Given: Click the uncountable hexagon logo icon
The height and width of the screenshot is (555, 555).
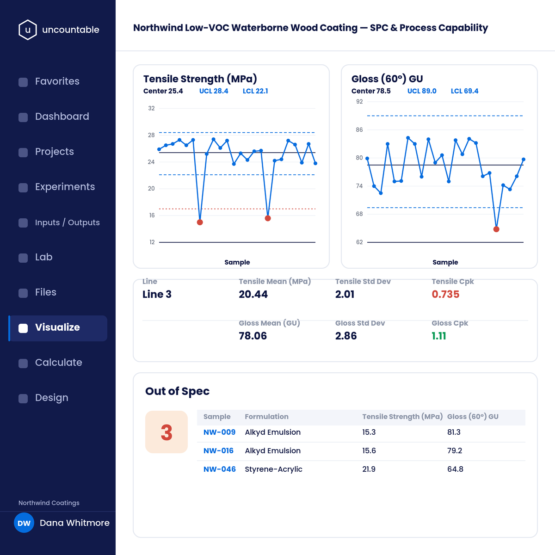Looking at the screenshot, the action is [27, 30].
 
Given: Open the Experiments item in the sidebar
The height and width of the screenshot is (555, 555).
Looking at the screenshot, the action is [65, 187].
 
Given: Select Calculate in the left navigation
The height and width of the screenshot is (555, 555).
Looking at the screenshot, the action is [58, 362].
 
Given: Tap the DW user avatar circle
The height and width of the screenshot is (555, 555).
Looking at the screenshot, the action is [24, 523].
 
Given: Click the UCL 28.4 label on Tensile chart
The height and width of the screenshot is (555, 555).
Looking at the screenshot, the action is [214, 91].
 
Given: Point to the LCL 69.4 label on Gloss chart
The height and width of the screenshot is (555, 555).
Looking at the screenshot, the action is [464, 91].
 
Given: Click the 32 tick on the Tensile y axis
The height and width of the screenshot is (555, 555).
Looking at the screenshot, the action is [151, 108].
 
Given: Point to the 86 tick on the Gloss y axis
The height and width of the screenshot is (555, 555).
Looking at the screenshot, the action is [359, 130].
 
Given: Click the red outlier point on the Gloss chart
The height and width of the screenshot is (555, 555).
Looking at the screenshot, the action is [496, 229].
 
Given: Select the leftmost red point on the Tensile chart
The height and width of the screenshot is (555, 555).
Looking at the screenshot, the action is [200, 222].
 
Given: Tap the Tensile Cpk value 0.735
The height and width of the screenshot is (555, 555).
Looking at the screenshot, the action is [445, 294].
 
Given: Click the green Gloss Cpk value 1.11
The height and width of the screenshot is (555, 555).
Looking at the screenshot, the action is [438, 336].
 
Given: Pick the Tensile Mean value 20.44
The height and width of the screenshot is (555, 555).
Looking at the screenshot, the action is [253, 294].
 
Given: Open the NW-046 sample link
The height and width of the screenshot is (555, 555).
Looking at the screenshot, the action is [220, 469].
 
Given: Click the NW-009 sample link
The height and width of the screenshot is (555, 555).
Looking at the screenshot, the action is [220, 432].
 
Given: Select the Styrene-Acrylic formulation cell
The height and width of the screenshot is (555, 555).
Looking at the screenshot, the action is [274, 469].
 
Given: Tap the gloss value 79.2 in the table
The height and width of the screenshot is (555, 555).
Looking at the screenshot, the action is [455, 451].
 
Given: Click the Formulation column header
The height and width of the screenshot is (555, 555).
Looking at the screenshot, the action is [266, 417].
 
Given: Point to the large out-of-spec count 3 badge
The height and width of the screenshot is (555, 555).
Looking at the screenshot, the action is [166, 432].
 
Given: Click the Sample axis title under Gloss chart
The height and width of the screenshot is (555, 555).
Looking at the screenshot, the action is [445, 262].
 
